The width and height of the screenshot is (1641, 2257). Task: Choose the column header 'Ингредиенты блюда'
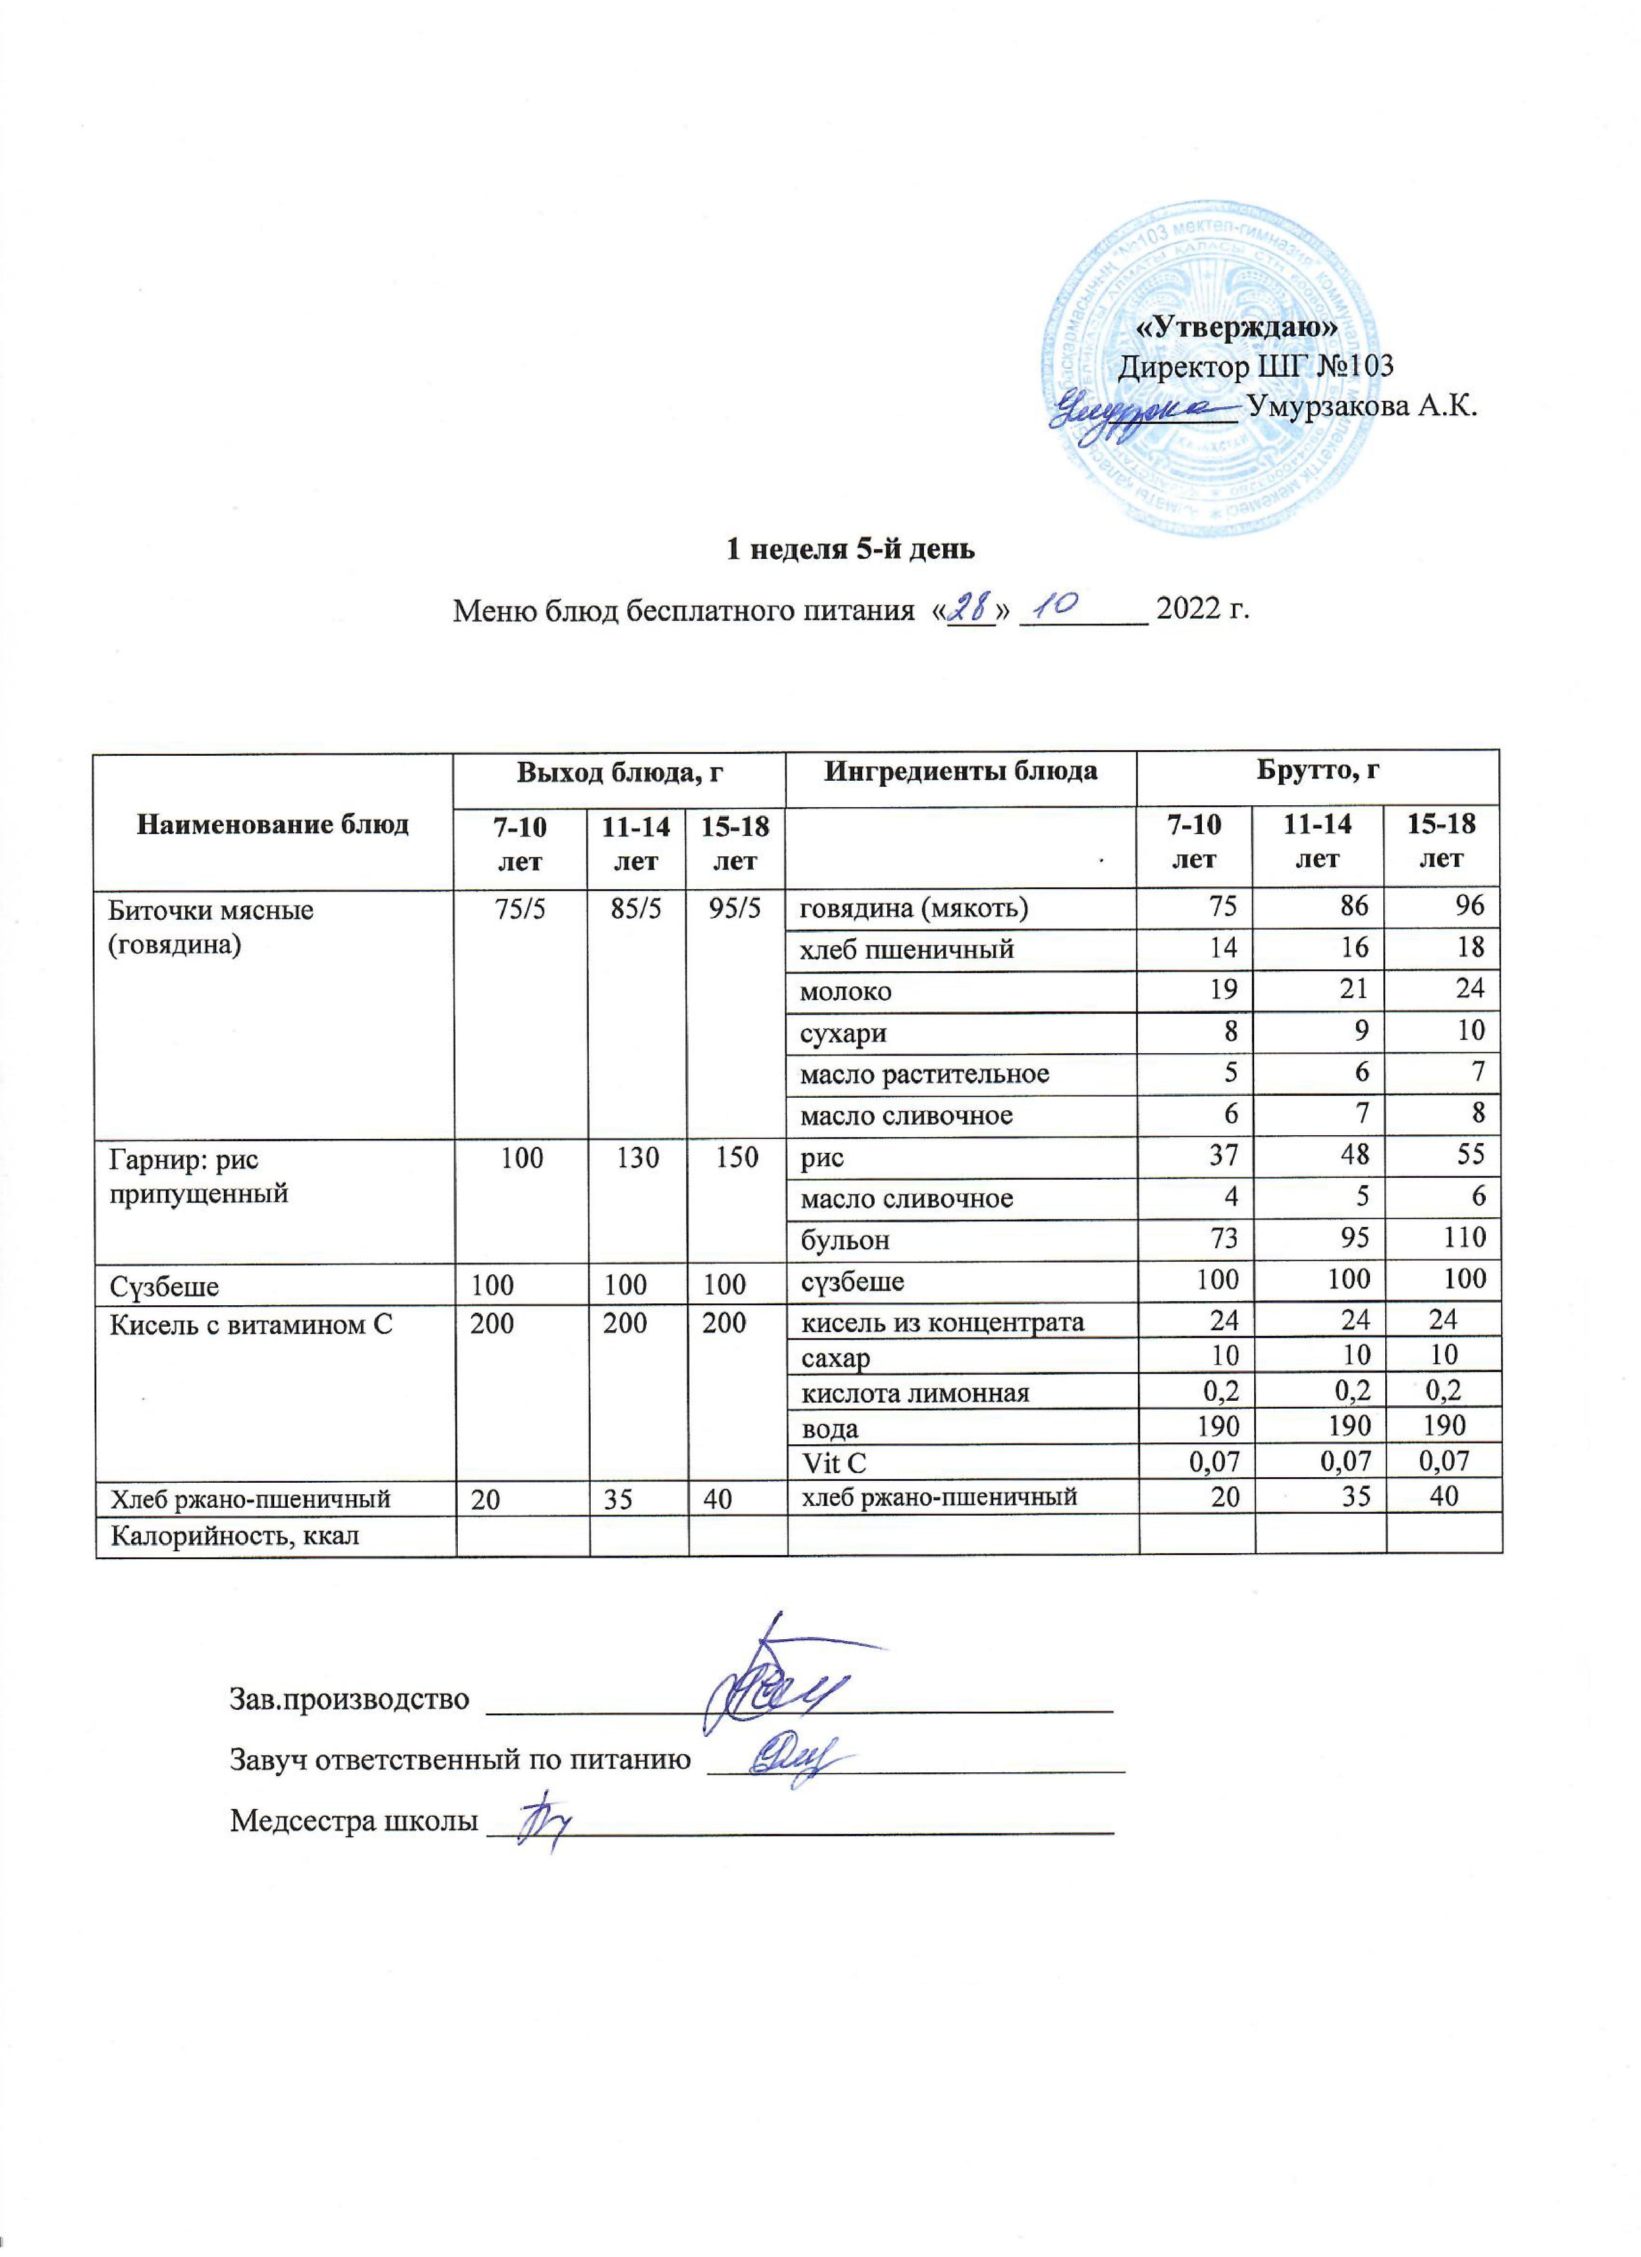click(960, 770)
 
